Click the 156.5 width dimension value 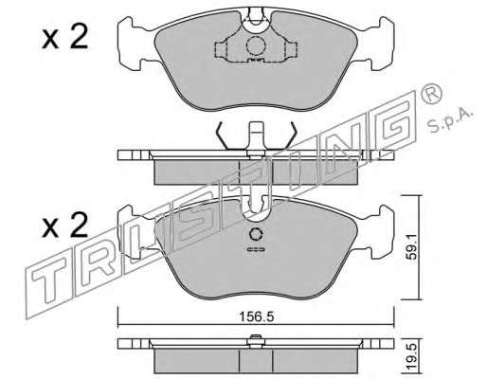pyautogui.click(x=256, y=316)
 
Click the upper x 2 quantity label pyautogui.click(x=64, y=38)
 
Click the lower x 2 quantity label pyautogui.click(x=64, y=226)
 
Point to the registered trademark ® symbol pyautogui.click(x=431, y=94)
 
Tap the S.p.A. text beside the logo pyautogui.click(x=450, y=120)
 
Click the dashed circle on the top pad pyautogui.click(x=255, y=46)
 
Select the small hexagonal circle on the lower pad pyautogui.click(x=256, y=234)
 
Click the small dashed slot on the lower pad pyautogui.click(x=256, y=250)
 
